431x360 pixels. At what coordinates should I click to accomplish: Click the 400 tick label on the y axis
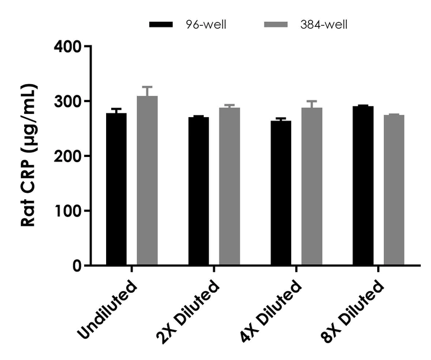coord(67,47)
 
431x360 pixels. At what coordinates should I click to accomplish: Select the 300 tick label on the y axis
coord(67,101)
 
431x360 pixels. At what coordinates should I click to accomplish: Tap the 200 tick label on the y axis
coord(67,156)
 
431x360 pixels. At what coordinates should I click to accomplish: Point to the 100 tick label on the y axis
coord(67,211)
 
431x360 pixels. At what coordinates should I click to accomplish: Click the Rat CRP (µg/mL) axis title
coord(29,155)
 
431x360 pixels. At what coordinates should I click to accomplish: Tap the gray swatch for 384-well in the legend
coord(275,25)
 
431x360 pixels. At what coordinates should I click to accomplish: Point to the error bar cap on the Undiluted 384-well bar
coord(147,87)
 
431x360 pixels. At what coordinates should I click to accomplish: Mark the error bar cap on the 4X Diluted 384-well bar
coord(311,101)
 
